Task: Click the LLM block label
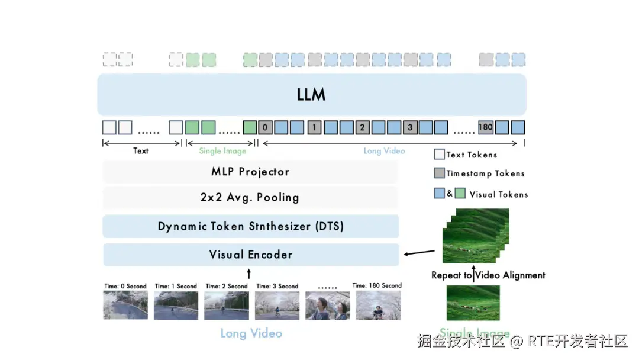click(x=311, y=95)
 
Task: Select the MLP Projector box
click(x=250, y=172)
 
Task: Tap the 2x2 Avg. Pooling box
click(x=250, y=197)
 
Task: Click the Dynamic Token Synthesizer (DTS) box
click(x=250, y=226)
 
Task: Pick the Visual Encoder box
click(x=250, y=255)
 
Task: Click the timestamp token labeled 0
click(x=266, y=127)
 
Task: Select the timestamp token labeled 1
click(x=315, y=127)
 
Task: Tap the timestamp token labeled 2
click(x=363, y=127)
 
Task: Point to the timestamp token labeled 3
click(x=410, y=127)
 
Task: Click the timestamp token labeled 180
click(x=486, y=127)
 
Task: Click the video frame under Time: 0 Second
click(x=125, y=305)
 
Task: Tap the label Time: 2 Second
click(x=227, y=286)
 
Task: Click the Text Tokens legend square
click(x=439, y=155)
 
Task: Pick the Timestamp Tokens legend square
click(x=439, y=173)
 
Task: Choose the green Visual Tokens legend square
click(x=459, y=194)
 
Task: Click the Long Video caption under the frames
click(x=251, y=333)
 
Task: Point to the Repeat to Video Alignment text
click(x=488, y=275)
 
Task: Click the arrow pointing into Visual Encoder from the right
click(x=418, y=254)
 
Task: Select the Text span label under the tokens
click(x=141, y=151)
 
